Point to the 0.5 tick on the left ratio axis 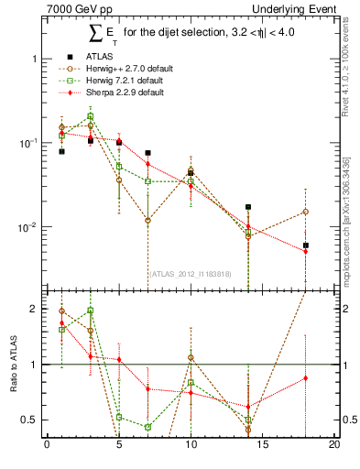32,420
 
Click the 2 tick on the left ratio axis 36,309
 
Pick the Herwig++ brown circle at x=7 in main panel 147,221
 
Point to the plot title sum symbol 96,35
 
